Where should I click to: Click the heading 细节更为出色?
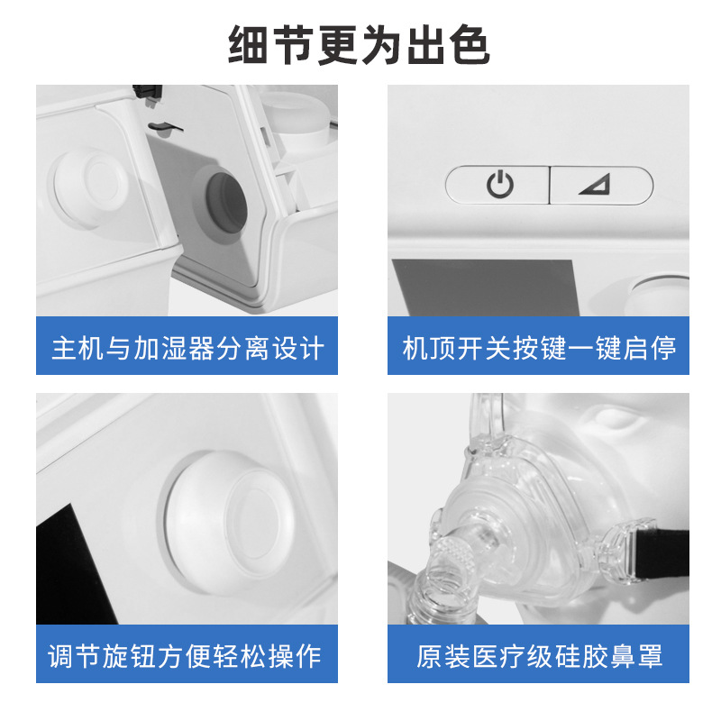[x=359, y=44]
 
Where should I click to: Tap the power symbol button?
[x=499, y=185]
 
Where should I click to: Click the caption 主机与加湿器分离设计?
[x=187, y=348]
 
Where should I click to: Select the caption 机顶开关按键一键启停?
[x=538, y=348]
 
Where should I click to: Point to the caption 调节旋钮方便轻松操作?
[x=184, y=656]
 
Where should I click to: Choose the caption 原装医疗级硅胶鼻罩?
[x=539, y=656]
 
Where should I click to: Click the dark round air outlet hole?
[x=226, y=204]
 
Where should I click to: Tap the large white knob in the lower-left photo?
[x=229, y=523]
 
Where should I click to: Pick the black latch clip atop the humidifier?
[x=147, y=94]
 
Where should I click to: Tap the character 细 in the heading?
[x=249, y=45]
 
